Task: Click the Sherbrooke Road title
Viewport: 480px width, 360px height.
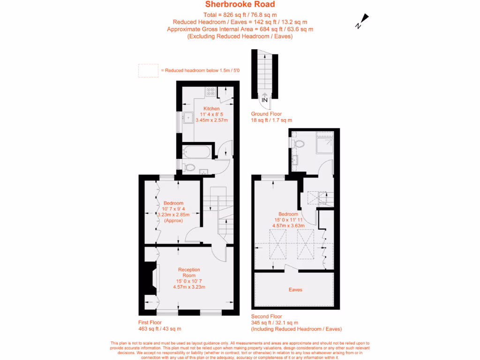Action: coord(240,5)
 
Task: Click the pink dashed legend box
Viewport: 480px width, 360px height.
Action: coord(148,70)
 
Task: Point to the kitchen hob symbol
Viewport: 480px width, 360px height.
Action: coord(210,92)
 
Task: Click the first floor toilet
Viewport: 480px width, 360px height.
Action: coord(189,166)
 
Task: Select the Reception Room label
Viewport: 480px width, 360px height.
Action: coord(189,272)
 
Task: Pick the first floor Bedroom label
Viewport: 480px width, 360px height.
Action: coord(173,203)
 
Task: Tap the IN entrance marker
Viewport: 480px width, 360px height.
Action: coord(264,100)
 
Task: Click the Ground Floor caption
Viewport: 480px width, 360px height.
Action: coord(266,114)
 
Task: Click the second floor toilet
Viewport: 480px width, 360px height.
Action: coord(299,143)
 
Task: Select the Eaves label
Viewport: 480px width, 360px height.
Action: coord(295,290)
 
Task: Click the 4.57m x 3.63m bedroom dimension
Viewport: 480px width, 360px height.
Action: coord(288,225)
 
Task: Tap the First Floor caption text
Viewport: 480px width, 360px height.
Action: coord(150,322)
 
